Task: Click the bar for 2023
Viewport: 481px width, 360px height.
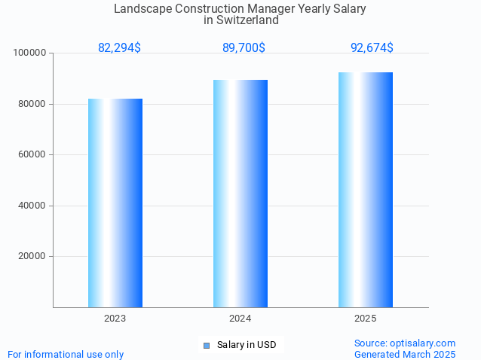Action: coord(115,203)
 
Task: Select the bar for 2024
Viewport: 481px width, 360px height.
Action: coord(240,194)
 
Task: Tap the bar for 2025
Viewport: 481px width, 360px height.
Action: coord(366,190)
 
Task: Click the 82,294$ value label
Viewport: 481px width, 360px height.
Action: coord(119,48)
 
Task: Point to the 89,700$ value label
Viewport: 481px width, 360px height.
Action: coord(244,48)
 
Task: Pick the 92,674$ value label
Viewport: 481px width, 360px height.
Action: coord(372,48)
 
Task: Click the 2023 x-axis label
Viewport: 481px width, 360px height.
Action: coord(115,319)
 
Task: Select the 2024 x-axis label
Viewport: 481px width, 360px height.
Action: coord(240,319)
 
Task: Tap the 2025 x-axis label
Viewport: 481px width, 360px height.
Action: coord(366,319)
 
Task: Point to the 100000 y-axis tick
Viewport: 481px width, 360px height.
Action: coord(30,53)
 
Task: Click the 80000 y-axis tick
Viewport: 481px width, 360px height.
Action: coord(32,104)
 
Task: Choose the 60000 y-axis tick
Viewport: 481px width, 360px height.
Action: coord(32,154)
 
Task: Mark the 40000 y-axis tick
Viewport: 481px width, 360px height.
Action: coord(32,206)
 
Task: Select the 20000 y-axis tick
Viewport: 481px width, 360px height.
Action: coord(32,256)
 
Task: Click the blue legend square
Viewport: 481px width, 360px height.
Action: coord(206,346)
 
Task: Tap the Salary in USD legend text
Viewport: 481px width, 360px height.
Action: coord(247,346)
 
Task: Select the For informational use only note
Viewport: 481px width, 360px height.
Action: coord(66,354)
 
